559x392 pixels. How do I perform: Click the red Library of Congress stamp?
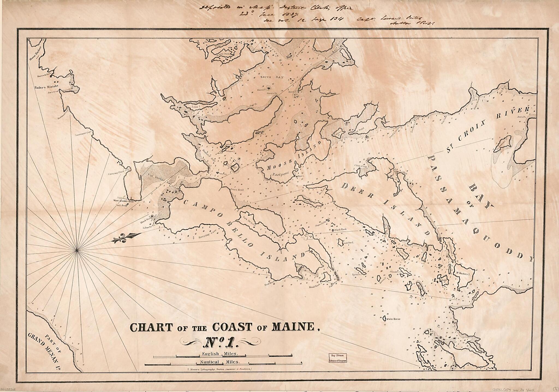[338, 357]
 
